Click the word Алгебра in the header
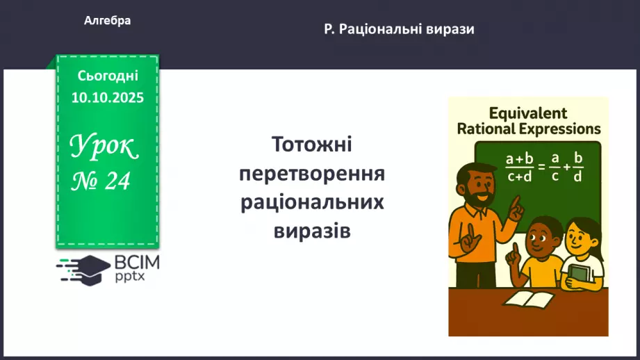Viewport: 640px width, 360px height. pos(107,21)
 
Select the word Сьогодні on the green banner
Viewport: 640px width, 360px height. pos(108,76)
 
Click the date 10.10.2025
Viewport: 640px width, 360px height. pos(108,97)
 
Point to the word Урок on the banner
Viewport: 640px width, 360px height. pos(104,147)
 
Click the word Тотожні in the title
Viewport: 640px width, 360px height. pos(312,145)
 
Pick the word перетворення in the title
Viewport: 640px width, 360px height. pos(312,174)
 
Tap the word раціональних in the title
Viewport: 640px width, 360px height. pos(312,202)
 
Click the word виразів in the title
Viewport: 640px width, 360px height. pos(312,230)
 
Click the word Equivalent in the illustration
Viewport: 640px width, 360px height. pos(528,113)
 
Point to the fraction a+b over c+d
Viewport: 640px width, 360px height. pos(520,167)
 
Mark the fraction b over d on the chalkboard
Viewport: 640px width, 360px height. pos(577,167)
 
